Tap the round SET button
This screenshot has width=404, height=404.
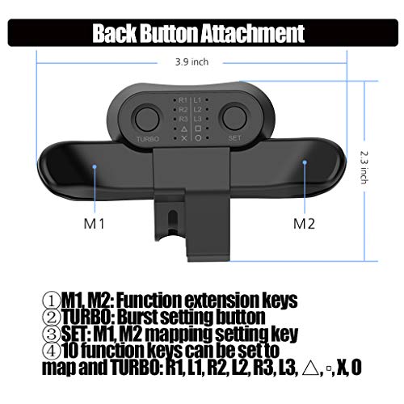click(x=235, y=116)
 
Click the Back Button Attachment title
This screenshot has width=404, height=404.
click(x=198, y=34)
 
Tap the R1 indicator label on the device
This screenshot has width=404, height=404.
click(x=183, y=99)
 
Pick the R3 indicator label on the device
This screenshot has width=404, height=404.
click(x=183, y=120)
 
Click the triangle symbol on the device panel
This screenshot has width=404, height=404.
click(x=183, y=129)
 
